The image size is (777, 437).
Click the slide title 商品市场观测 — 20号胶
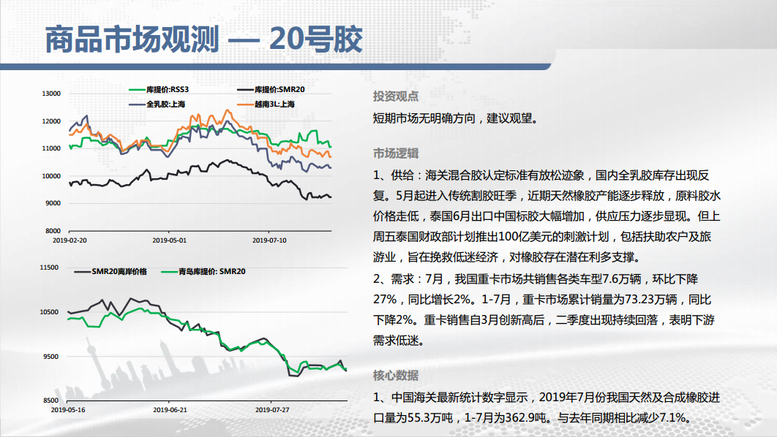[203, 39]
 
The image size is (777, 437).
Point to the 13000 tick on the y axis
[52, 94]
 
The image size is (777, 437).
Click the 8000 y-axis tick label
[53, 231]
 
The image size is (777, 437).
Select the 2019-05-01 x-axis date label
[170, 240]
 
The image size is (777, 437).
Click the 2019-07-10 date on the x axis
[269, 240]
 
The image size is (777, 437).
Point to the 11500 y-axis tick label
[49, 267]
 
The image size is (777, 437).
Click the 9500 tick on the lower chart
[51, 357]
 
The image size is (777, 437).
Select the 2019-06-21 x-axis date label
[170, 410]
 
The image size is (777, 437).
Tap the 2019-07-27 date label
[272, 410]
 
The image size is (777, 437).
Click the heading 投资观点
[395, 96]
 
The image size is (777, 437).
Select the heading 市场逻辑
[395, 153]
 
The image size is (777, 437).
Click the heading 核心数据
[395, 376]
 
